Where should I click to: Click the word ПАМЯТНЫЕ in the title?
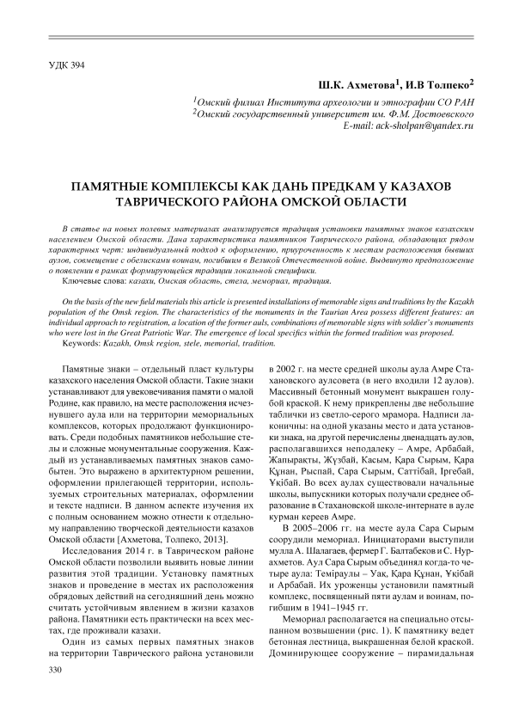point(124,186)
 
